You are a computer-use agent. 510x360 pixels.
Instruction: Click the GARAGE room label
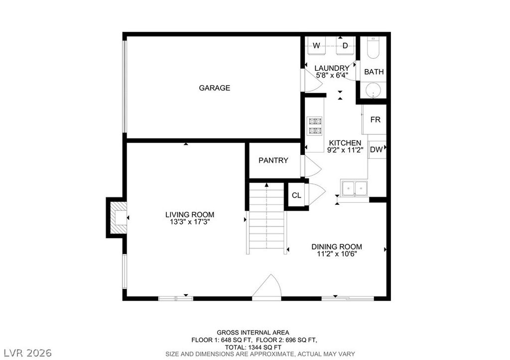[x=214, y=88]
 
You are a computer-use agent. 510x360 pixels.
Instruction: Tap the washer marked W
[x=316, y=46]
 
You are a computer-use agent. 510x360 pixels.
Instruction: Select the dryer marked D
[x=345, y=46]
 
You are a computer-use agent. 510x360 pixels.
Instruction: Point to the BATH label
[x=374, y=72]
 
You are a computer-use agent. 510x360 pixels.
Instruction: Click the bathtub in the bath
[x=373, y=48]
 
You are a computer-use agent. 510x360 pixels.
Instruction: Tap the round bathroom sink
[x=374, y=90]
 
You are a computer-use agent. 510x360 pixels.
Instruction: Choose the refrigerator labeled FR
[x=375, y=120]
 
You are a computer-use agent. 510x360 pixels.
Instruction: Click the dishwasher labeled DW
[x=377, y=149]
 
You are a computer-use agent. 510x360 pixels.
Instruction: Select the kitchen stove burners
[x=315, y=125]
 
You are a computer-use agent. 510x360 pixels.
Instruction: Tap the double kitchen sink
[x=354, y=188]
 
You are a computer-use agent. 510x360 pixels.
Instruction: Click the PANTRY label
[x=273, y=160]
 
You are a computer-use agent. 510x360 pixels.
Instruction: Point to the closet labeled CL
[x=296, y=196]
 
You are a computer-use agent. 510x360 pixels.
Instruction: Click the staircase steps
[x=267, y=219]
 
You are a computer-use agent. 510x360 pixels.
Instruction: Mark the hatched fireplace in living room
[x=118, y=218]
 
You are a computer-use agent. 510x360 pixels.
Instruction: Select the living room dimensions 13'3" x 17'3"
[x=190, y=222]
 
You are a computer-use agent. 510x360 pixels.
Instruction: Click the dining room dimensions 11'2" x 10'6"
[x=337, y=254]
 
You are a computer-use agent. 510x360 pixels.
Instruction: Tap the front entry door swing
[x=267, y=286]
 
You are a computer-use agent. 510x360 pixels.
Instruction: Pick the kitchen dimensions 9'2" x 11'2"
[x=345, y=150]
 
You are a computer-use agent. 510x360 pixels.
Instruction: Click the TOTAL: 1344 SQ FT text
[x=253, y=348]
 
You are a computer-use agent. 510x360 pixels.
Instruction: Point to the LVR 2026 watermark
[x=28, y=353]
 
